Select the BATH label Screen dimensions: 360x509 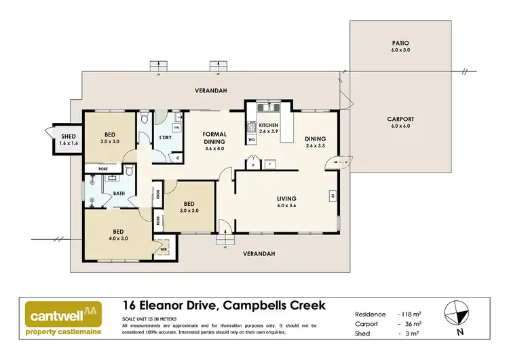[119, 193]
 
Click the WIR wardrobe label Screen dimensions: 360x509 [164, 249]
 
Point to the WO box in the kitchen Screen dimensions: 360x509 [251, 139]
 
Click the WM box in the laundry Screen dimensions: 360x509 [176, 127]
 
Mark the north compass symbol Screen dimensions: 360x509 [458, 315]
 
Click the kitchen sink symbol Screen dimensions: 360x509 [269, 106]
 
